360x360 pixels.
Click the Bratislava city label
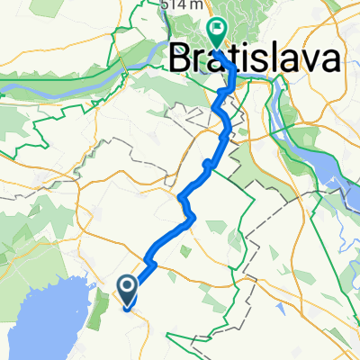(256, 59)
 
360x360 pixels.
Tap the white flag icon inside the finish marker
(217, 29)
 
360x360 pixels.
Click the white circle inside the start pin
(127, 286)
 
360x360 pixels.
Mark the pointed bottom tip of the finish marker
(217, 45)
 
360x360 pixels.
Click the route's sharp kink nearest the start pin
(148, 264)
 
